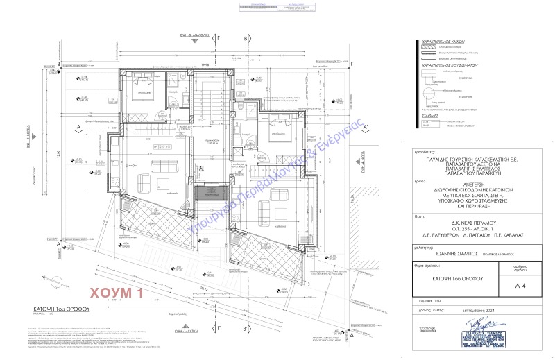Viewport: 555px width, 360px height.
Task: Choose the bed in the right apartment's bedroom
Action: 278,130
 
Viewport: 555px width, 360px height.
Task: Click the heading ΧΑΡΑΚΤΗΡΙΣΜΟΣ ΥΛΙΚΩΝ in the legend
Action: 438,42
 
